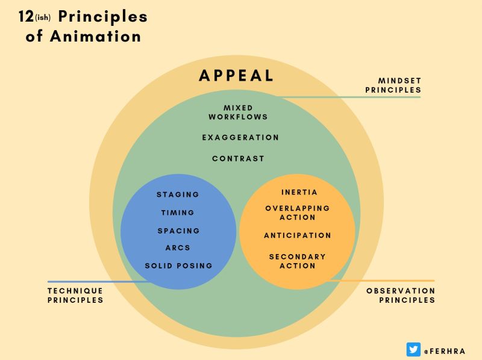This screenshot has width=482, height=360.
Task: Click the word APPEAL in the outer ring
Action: [236, 76]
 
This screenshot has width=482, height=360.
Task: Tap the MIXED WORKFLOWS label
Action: [238, 113]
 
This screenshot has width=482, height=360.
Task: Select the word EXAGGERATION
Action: [240, 138]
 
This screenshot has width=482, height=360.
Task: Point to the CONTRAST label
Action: [238, 158]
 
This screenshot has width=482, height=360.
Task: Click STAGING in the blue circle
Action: [178, 194]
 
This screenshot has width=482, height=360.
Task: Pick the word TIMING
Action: [178, 213]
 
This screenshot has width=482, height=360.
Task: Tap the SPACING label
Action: [178, 231]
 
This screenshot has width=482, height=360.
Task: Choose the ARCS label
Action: [178, 247]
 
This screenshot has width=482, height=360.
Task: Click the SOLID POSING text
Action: [178, 265]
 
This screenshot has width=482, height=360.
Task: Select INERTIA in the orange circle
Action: [299, 192]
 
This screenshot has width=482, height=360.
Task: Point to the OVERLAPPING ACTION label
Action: [298, 213]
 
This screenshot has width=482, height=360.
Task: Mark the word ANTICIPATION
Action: [298, 235]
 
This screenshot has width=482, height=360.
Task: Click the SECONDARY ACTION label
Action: [297, 261]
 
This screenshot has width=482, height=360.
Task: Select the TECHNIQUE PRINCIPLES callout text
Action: [75, 295]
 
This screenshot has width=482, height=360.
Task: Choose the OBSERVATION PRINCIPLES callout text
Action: [401, 295]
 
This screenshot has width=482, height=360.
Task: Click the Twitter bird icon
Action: [413, 350]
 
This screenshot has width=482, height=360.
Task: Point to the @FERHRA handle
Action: [445, 351]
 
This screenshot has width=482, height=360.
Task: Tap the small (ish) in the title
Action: [43, 17]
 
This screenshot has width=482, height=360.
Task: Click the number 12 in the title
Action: [26, 16]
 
